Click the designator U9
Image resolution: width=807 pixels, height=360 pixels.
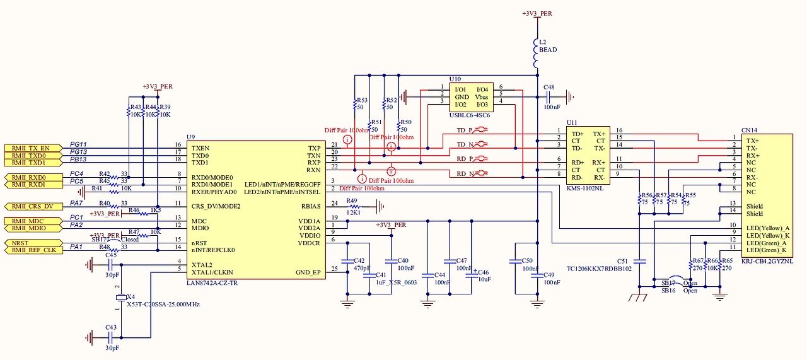click(190, 137)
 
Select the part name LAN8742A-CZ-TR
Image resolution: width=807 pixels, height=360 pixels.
click(212, 284)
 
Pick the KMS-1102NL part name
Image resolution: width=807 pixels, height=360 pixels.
click(584, 189)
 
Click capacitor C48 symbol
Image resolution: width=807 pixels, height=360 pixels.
click(548, 97)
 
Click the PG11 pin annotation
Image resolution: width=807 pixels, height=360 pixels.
click(78, 144)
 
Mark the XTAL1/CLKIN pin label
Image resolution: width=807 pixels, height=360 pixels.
click(213, 272)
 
